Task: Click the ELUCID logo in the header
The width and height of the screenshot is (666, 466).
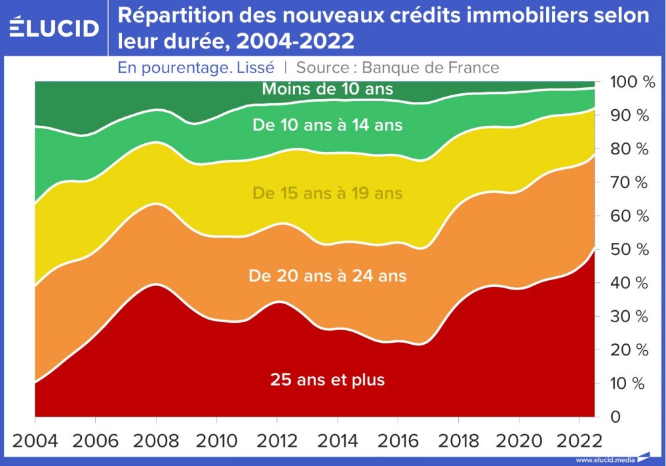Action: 54,27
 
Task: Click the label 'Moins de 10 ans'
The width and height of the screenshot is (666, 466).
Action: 327,89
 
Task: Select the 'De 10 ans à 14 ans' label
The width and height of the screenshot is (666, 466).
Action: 327,124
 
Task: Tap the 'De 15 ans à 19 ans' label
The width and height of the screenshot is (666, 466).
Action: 327,194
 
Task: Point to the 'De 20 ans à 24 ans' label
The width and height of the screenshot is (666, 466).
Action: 327,276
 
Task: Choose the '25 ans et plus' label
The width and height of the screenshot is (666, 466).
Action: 327,380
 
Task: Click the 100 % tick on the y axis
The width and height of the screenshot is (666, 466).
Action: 629,83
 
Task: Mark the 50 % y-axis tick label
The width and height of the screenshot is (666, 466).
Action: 629,250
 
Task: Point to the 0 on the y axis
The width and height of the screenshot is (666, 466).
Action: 616,417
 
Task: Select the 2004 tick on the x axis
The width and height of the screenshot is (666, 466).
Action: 35,441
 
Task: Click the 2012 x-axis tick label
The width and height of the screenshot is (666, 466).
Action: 277,441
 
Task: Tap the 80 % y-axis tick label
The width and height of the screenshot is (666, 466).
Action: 629,149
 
